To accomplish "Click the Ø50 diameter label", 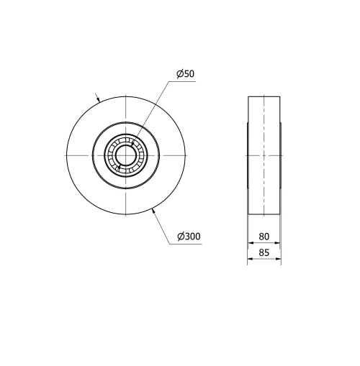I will [x=185, y=74].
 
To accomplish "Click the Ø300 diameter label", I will [x=188, y=237].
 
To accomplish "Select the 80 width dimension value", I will [x=264, y=236].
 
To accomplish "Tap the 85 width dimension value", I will [x=264, y=252].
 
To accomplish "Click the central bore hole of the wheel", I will [x=125, y=155].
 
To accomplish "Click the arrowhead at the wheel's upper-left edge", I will [x=99, y=99].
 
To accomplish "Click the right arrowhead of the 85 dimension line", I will [x=279, y=260].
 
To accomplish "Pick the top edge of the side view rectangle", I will [x=264, y=96].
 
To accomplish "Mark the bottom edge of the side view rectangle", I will [x=264, y=214].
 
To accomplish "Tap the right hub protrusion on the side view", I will [x=280, y=155].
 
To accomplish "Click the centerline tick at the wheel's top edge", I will [x=125, y=96].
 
